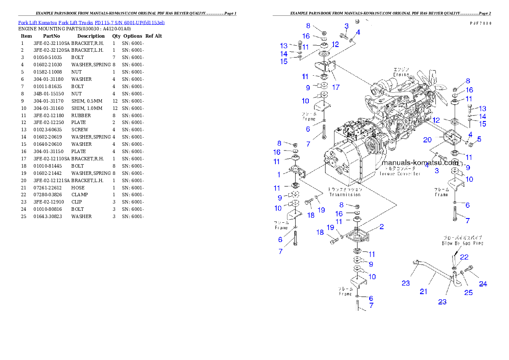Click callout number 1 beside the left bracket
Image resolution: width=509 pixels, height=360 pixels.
(x=279, y=174)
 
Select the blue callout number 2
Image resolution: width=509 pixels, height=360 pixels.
(x=381, y=227)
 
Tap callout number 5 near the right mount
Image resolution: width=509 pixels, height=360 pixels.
(x=479, y=139)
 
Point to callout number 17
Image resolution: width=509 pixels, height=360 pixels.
(x=336, y=87)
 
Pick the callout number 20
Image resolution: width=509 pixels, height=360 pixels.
(x=427, y=140)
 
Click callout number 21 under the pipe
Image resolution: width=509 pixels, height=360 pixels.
(x=423, y=292)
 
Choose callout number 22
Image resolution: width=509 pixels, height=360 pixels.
(x=464, y=257)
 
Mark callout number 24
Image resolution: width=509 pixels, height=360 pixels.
(x=482, y=283)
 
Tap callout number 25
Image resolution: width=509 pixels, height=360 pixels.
(x=468, y=292)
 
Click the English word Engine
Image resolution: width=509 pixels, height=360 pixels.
(x=401, y=74)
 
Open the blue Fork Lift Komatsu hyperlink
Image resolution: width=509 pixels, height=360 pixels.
(x=91, y=22)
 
